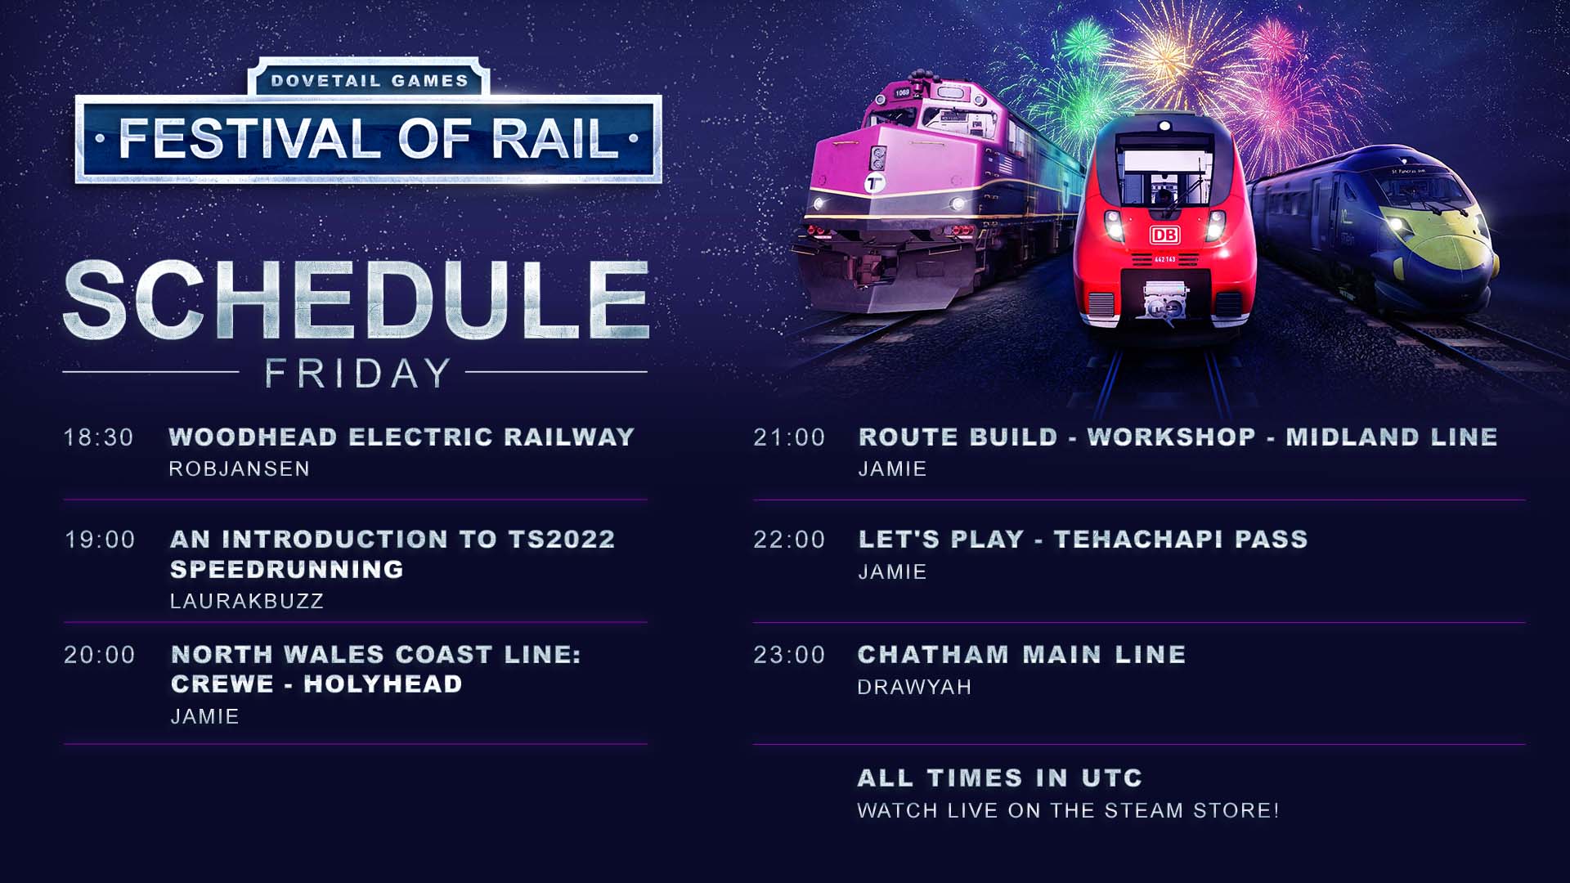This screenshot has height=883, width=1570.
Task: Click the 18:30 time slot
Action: [x=99, y=437]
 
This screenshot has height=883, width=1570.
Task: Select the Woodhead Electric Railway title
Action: [x=401, y=437]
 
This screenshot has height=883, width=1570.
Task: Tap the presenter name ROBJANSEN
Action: [x=240, y=468]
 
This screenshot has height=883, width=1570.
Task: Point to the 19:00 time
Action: [x=100, y=540]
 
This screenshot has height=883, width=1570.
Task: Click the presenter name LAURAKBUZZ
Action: [x=247, y=601]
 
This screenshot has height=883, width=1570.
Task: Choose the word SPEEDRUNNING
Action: [x=287, y=569]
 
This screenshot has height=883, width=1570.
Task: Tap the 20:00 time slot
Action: [x=100, y=655]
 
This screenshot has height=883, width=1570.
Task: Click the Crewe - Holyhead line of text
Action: [x=316, y=684]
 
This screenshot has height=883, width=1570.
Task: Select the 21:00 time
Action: [x=789, y=437]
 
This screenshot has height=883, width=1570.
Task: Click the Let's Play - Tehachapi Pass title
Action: [x=1083, y=539]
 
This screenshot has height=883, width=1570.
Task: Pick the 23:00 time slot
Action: [x=789, y=655]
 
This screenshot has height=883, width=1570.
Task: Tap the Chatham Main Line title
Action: [x=1022, y=654]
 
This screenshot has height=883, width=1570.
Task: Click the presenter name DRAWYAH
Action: [x=914, y=687]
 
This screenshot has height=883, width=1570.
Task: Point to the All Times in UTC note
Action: [x=1000, y=778]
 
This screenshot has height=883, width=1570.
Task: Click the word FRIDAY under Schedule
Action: [x=357, y=374]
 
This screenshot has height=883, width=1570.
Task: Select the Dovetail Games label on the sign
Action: [x=370, y=81]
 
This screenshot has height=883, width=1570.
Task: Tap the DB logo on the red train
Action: [x=1164, y=235]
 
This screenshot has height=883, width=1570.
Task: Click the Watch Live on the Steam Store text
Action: [x=1068, y=810]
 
